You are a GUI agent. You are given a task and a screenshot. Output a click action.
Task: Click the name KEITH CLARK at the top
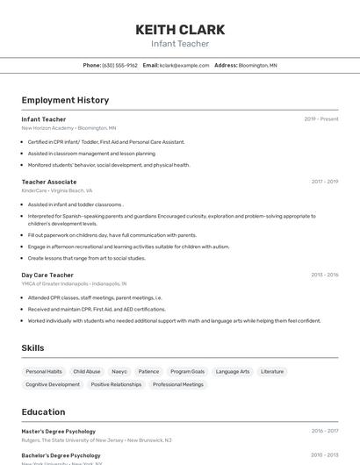pyautogui.click(x=180, y=30)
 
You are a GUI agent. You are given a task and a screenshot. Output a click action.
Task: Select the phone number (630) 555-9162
pyautogui.click(x=119, y=65)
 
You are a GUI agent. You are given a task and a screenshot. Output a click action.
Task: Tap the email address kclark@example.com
pyautogui.click(x=184, y=65)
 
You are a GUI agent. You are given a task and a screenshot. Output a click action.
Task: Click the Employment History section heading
pyautogui.click(x=65, y=100)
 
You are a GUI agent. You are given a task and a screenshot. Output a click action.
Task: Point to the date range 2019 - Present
pyautogui.click(x=321, y=119)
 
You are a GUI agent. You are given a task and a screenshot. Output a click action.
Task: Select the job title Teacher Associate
pyautogui.click(x=49, y=182)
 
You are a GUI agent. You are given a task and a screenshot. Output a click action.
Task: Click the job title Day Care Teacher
pyautogui.click(x=47, y=275)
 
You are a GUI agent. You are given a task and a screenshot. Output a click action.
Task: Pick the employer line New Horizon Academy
pyautogui.click(x=47, y=128)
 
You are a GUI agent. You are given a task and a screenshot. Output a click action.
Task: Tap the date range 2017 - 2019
pyautogui.click(x=325, y=182)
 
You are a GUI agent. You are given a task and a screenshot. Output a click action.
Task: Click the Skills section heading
pyautogui.click(x=32, y=348)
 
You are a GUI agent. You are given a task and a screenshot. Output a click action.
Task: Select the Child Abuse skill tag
pyautogui.click(x=87, y=371)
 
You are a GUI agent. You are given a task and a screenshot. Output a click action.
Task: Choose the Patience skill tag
pyautogui.click(x=148, y=371)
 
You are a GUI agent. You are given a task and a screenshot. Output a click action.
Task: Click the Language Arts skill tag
pyautogui.click(x=233, y=371)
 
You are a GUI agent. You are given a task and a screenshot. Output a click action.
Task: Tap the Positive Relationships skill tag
pyautogui.click(x=116, y=384)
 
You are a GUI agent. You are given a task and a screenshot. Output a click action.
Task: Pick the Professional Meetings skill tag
pyautogui.click(x=178, y=384)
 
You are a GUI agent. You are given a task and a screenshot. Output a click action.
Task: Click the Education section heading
pyautogui.click(x=43, y=411)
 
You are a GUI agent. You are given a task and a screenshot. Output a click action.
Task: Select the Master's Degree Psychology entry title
pyautogui.click(x=59, y=431)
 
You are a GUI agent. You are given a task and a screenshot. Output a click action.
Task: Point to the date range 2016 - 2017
pyautogui.click(x=325, y=431)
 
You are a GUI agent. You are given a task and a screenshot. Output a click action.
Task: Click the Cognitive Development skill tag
pyautogui.click(x=53, y=384)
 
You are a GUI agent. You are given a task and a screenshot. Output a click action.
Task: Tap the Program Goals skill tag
pyautogui.click(x=188, y=371)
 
